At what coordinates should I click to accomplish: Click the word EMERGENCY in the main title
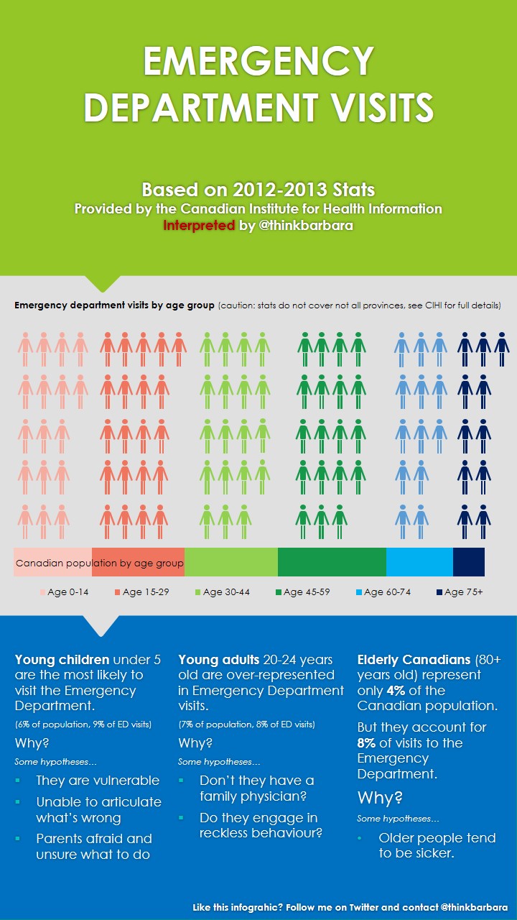[258, 62]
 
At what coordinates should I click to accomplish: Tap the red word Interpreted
[199, 225]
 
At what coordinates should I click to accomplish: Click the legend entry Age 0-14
[70, 592]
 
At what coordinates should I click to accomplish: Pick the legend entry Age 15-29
[146, 592]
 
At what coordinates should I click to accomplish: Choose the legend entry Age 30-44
[226, 592]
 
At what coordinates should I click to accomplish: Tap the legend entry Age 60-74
[387, 592]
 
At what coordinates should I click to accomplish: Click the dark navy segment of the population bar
[469, 562]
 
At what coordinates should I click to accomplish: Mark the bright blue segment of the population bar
[419, 562]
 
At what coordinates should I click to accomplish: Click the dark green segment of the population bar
[332, 562]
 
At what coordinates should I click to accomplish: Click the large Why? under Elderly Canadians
[380, 797]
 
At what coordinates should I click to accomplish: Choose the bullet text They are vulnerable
[98, 781]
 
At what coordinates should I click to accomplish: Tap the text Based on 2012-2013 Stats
[258, 190]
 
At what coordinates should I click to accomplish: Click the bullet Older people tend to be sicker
[437, 845]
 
